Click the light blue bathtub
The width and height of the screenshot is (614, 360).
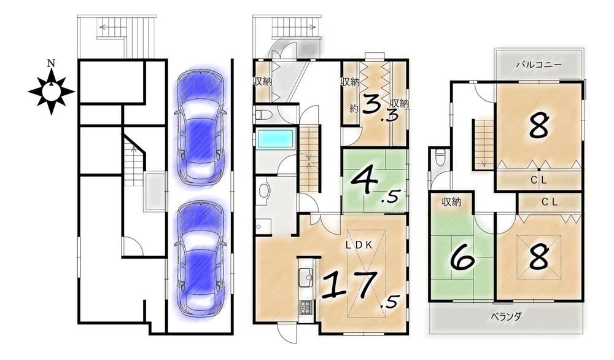pos(276,140)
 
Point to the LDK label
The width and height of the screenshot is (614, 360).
pos(359,245)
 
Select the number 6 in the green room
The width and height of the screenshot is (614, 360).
pos(462,260)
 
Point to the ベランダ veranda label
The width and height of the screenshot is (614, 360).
pos(506,316)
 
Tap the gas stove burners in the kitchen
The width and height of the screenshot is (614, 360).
pos(305,307)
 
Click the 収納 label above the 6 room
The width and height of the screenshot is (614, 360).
pos(451,202)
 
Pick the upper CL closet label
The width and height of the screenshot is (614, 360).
pos(538,180)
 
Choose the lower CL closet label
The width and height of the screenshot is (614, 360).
pos(550,202)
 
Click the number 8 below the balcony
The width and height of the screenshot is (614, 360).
pos(539,125)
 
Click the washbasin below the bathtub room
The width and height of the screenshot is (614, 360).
pos(265,192)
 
